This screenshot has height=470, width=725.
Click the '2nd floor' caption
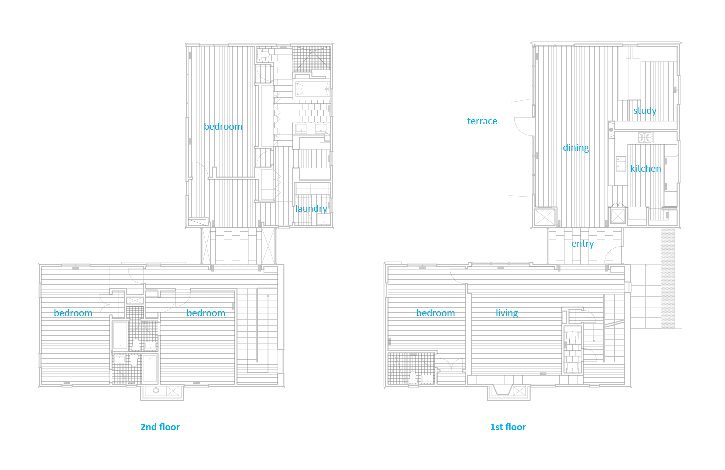pyautogui.click(x=160, y=427)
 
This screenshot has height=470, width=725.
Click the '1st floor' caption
pyautogui.click(x=508, y=427)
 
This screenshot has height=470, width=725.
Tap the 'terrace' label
pyautogui.click(x=482, y=121)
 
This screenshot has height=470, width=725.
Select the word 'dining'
pyautogui.click(x=576, y=147)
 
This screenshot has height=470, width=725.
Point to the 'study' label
pyautogui.click(x=645, y=110)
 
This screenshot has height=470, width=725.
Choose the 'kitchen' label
pyautogui.click(x=645, y=168)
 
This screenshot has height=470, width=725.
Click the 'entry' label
pyautogui.click(x=583, y=243)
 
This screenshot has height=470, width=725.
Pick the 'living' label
pyautogui.click(x=507, y=313)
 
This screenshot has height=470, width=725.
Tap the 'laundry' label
pyautogui.click(x=311, y=208)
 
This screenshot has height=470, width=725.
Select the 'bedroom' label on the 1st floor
pyautogui.click(x=435, y=313)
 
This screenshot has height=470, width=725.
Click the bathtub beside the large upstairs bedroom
pyautogui.click(x=311, y=90)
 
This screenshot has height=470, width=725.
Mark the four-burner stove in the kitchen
pyautogui.click(x=645, y=137)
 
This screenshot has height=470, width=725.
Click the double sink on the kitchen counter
pyautogui.click(x=621, y=164)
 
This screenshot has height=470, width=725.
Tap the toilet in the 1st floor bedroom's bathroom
pyautogui.click(x=413, y=377)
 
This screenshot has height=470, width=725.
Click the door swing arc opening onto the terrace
pyautogui.click(x=523, y=128)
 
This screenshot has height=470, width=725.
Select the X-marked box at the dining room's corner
pyautogui.click(x=544, y=217)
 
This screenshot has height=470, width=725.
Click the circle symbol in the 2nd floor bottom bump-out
pyautogui.click(x=156, y=390)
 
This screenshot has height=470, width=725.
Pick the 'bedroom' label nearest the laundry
pyautogui.click(x=223, y=126)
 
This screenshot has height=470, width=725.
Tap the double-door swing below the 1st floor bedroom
pyautogui.click(x=452, y=364)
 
